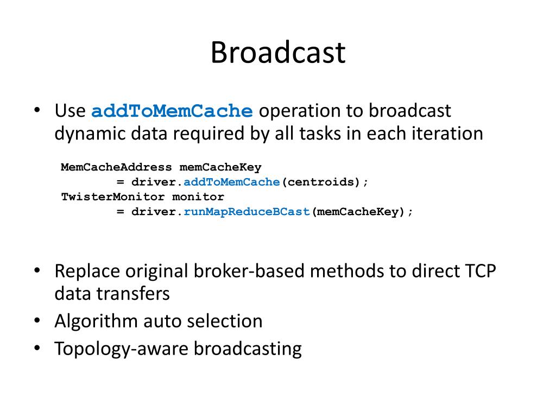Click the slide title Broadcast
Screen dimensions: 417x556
click(x=277, y=53)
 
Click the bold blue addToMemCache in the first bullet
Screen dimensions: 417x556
click(x=172, y=111)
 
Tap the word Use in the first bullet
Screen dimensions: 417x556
click(x=70, y=111)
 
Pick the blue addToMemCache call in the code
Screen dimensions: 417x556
click(x=231, y=182)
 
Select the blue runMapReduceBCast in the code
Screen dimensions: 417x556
click(x=247, y=212)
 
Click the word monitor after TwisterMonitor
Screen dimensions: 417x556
click(x=198, y=197)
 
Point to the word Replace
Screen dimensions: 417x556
click(x=87, y=270)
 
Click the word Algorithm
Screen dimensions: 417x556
click(x=96, y=321)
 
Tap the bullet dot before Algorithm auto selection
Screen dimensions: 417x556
click(x=37, y=321)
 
